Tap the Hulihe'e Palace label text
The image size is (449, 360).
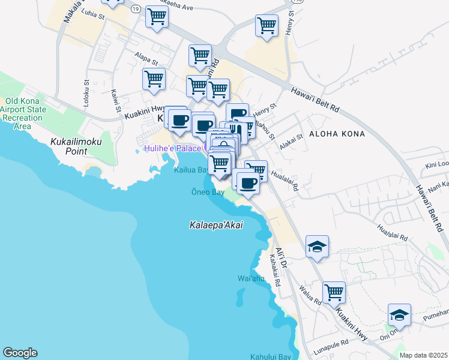[172, 148]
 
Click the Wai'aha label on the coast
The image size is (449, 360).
[251, 278]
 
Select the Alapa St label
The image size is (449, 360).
[146, 61]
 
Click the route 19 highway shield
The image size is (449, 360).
[136, 9]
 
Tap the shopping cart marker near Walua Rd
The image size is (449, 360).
[334, 293]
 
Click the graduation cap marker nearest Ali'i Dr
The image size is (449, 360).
[317, 247]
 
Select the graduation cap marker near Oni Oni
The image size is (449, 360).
[399, 314]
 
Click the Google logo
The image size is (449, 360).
[20, 353]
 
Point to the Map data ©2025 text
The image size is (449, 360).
[424, 355]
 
